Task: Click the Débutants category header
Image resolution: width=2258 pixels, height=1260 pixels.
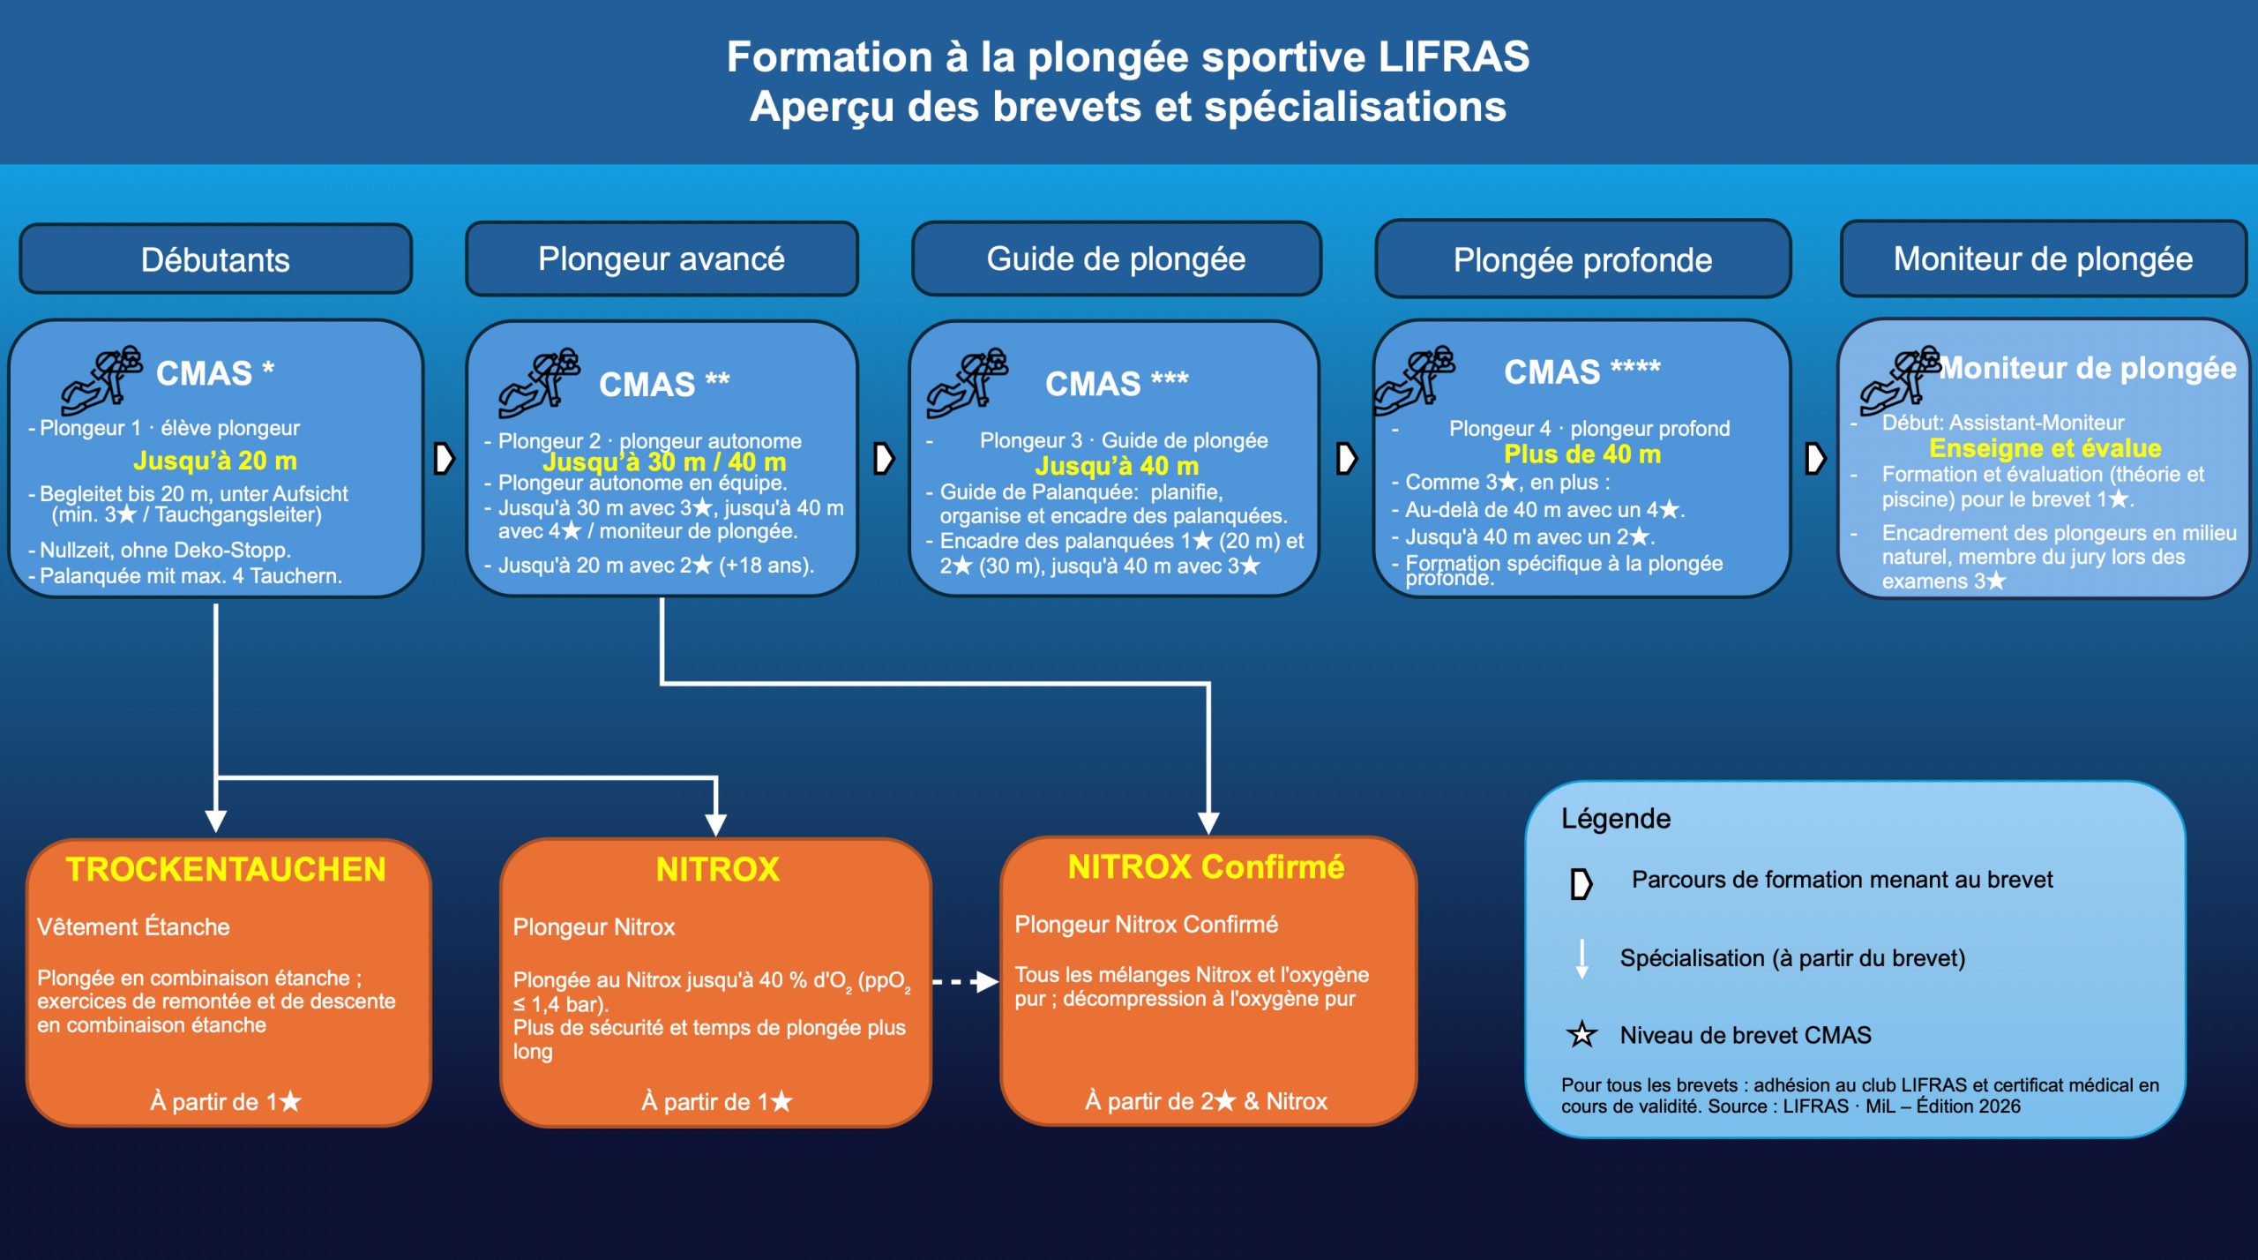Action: (215, 259)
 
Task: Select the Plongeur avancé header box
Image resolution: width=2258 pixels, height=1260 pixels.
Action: (662, 259)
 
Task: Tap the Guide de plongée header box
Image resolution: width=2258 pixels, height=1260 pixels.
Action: (1116, 259)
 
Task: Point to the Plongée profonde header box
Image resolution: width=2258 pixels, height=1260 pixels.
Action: (1582, 259)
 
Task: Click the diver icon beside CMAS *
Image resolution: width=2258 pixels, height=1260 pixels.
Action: (101, 379)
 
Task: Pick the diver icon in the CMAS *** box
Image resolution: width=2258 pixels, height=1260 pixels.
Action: (967, 383)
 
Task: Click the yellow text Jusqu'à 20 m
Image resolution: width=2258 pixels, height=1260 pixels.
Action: (215, 461)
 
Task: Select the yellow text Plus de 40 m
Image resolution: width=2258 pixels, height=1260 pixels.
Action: (1582, 454)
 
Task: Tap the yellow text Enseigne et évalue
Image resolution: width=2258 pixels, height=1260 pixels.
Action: (2045, 448)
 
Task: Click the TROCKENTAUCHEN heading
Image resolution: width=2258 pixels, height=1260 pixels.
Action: (226, 869)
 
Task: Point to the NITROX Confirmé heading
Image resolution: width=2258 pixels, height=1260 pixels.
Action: (1206, 866)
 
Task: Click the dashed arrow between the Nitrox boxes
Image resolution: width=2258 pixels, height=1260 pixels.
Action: (965, 981)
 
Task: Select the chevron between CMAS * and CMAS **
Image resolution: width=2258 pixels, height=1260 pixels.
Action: (444, 458)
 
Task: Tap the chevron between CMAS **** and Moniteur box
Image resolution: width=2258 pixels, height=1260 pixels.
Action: (1814, 458)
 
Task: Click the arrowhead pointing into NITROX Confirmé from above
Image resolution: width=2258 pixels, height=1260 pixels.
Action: (1208, 822)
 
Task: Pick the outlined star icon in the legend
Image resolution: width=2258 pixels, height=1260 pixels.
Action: (1581, 1034)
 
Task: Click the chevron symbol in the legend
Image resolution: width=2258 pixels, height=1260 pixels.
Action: (1581, 883)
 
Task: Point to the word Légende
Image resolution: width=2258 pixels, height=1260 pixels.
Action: (1616, 819)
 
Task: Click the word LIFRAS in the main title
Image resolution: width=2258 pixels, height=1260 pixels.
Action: (1454, 57)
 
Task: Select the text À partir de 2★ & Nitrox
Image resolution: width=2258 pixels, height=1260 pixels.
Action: (1206, 1101)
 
